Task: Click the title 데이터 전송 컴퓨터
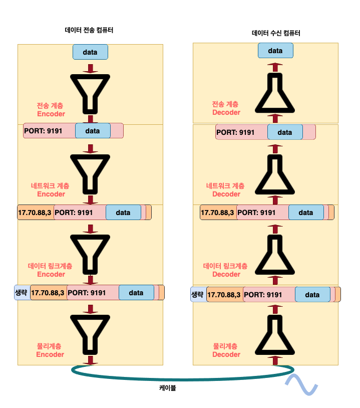[89, 30]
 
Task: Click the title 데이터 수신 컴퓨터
[276, 34]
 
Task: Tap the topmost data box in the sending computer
[91, 51]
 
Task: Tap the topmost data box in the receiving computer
[275, 51]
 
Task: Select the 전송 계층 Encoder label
[51, 110]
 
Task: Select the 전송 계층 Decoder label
[226, 108]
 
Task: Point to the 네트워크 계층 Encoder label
[51, 190]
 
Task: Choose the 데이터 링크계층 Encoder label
[51, 270]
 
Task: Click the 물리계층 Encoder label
[50, 350]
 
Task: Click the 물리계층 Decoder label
[226, 350]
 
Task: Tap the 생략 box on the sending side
[22, 292]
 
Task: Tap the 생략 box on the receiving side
[197, 294]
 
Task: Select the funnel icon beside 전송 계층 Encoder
[91, 93]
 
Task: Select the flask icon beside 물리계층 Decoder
[275, 334]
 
